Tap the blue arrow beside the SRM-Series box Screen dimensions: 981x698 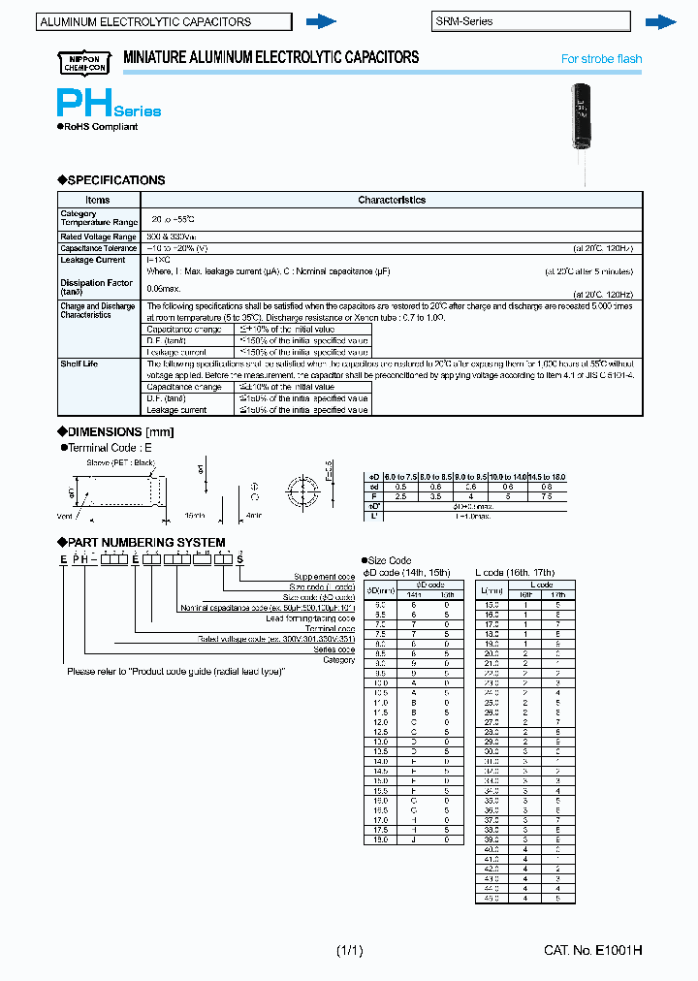click(660, 21)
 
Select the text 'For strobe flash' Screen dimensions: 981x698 click(601, 59)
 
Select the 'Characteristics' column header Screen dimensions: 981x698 click(391, 200)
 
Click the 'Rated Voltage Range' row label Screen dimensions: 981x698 click(98, 237)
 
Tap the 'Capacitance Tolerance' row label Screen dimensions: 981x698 click(99, 248)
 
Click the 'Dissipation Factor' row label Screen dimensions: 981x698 click(96, 283)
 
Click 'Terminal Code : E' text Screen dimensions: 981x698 click(110, 448)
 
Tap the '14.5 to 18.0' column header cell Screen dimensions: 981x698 click(548, 478)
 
